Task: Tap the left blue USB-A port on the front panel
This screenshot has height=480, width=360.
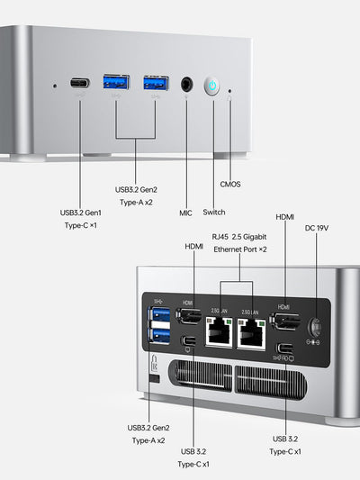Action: point(117,84)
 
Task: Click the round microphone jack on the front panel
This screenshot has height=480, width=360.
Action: point(187,85)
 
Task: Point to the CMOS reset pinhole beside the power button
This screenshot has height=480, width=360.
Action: point(230,89)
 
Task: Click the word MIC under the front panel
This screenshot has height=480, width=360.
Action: point(185,213)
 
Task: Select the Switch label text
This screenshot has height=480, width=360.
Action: point(214,213)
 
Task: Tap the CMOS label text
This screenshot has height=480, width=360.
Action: point(230,184)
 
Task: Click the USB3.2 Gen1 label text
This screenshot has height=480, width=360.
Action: point(81,213)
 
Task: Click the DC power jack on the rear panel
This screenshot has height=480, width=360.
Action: point(315,327)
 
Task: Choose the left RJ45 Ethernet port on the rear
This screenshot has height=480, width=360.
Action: point(219,334)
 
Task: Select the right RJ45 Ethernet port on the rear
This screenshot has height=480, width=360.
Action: point(251,334)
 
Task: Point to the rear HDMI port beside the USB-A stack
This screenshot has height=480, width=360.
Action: point(188,316)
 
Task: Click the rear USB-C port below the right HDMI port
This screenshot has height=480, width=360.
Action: point(284,349)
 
